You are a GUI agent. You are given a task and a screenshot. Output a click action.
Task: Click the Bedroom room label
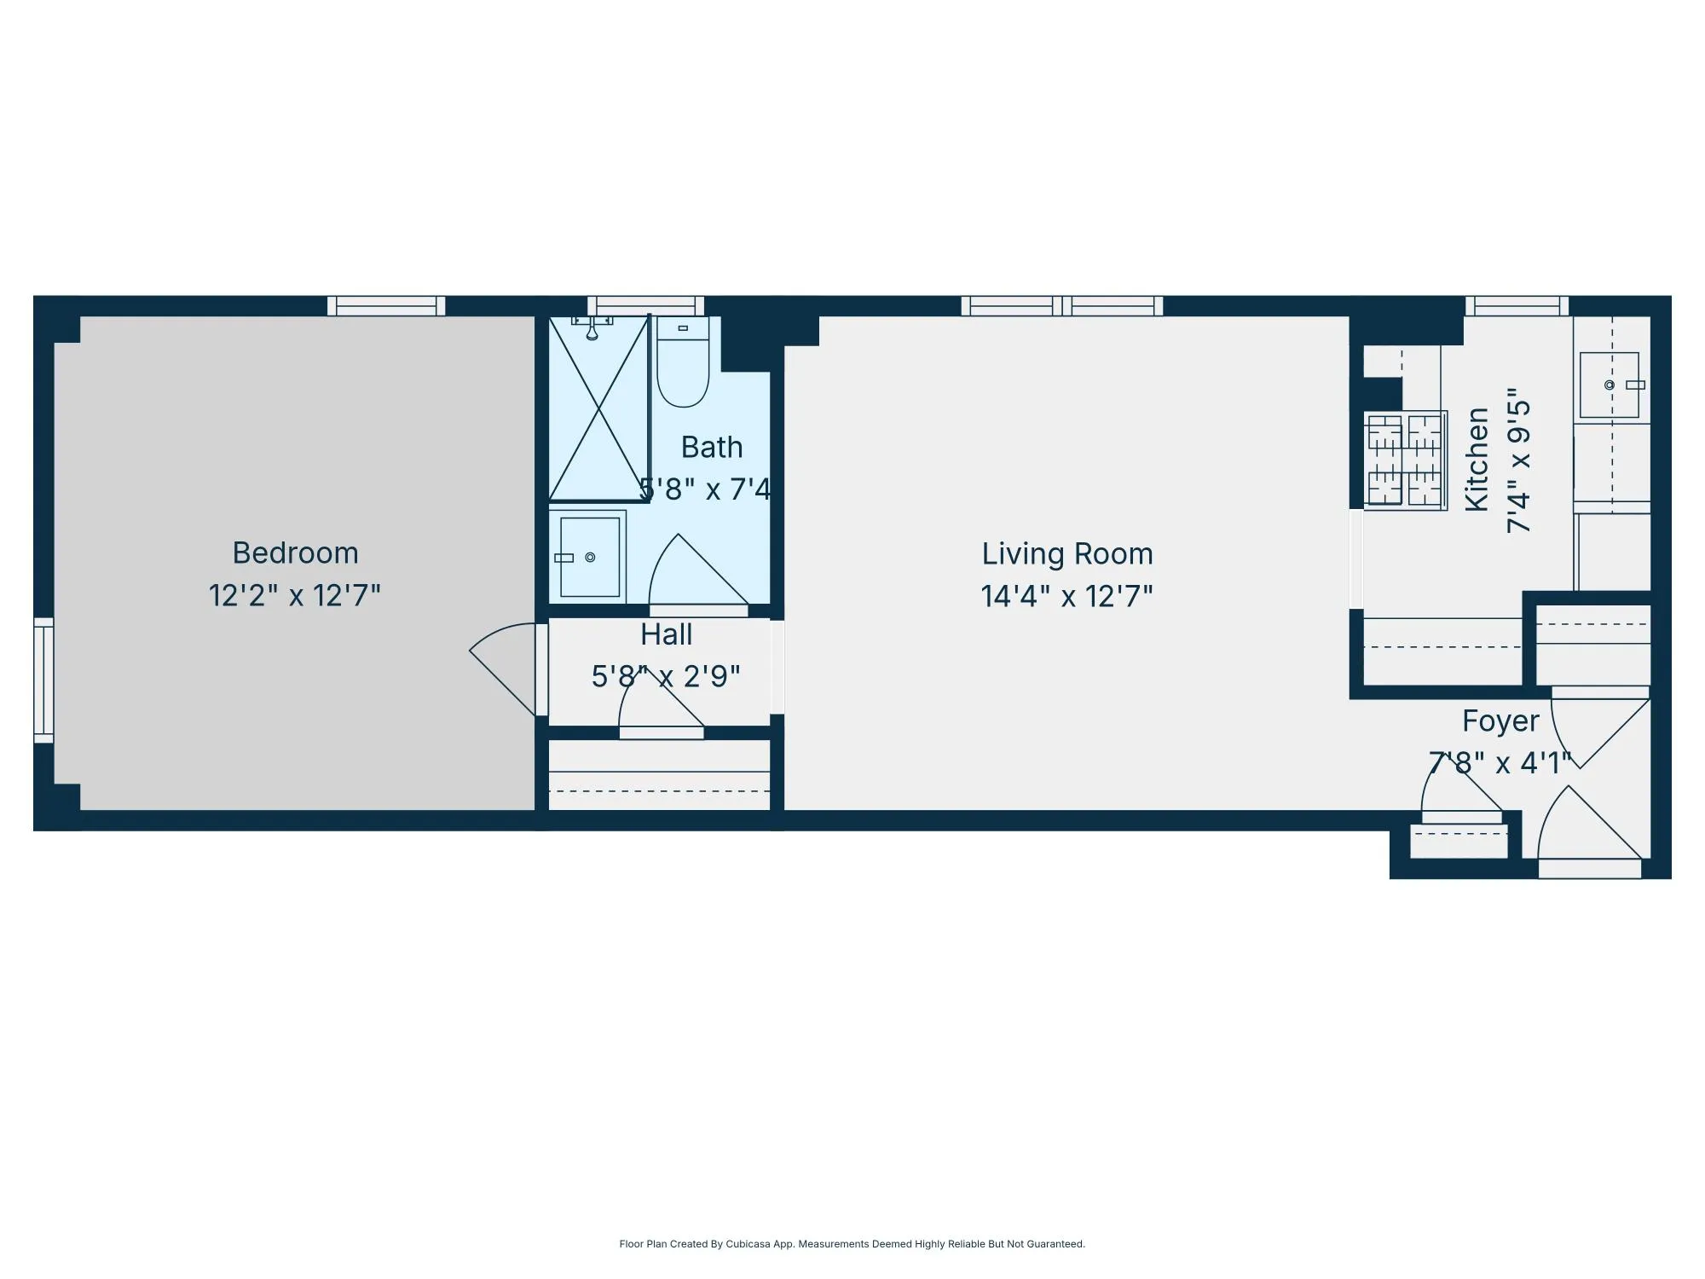(295, 553)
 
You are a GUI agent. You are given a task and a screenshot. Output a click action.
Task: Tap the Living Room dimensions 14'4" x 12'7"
(1066, 596)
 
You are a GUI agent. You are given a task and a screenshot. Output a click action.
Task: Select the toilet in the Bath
(683, 364)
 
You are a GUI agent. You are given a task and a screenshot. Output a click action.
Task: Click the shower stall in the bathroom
(599, 408)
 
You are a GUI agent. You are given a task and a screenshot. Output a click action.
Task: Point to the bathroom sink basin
(590, 558)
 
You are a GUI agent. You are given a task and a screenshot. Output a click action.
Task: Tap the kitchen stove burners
(1405, 460)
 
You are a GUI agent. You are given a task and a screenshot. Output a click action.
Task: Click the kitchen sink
(1610, 385)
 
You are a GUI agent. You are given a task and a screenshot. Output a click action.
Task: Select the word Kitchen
(1476, 460)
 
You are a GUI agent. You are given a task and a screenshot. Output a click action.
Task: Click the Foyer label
(1500, 721)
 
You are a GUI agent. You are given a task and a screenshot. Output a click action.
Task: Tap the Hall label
(666, 634)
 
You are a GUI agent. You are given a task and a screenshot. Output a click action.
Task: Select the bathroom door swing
(695, 571)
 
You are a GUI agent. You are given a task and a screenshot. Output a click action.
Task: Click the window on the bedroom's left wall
(43, 680)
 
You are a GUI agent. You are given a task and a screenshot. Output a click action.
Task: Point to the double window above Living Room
(1061, 306)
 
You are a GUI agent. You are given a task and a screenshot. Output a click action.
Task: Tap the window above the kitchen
(1517, 306)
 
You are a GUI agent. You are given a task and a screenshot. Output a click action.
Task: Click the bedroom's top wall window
(386, 306)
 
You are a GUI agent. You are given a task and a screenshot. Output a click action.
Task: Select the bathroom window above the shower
(645, 306)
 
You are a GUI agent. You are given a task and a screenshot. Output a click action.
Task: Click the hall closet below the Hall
(659, 776)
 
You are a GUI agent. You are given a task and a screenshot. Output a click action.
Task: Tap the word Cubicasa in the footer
(748, 1244)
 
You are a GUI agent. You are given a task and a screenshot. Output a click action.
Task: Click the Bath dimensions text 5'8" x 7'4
(705, 489)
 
